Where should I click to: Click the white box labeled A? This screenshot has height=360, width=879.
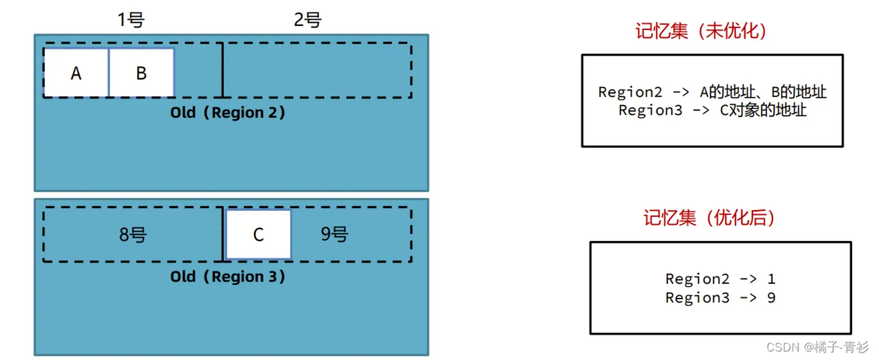coord(76,73)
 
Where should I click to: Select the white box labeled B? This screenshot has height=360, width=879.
coord(141,73)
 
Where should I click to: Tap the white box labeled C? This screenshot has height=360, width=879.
coord(258,234)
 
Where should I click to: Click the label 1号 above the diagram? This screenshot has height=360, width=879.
coord(131,20)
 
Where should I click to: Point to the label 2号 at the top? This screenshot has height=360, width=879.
coord(308,20)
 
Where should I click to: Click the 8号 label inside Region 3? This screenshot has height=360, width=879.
coord(133,234)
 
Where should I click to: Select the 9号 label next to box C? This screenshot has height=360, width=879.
coord(334,234)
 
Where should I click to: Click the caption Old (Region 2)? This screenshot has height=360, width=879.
coord(227,112)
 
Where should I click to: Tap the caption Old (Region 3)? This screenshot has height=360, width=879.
coord(227,276)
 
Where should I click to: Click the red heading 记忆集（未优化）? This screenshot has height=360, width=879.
coord(701,31)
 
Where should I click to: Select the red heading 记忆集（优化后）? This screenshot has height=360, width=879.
coord(709,217)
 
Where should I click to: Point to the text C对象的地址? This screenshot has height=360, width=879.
coord(763,110)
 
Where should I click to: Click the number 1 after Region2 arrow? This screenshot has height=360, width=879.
coord(771,279)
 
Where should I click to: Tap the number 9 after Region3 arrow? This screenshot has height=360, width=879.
coord(771,297)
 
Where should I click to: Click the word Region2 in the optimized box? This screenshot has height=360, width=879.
coord(697,279)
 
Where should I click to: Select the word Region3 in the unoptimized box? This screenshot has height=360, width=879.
coord(650,110)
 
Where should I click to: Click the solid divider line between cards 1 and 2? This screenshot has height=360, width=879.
coord(222,70)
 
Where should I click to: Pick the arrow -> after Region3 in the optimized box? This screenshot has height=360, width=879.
coord(748,297)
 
